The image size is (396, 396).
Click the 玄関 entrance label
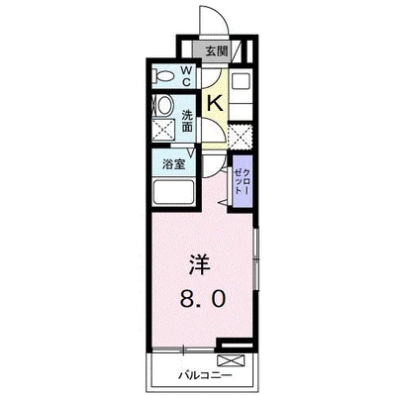tap(217, 50)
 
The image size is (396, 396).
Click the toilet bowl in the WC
tap(164, 74)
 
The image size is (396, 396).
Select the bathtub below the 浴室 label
tap(175, 193)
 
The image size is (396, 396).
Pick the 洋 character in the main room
tap(198, 264)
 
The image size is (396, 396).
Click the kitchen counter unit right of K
tap(244, 94)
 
